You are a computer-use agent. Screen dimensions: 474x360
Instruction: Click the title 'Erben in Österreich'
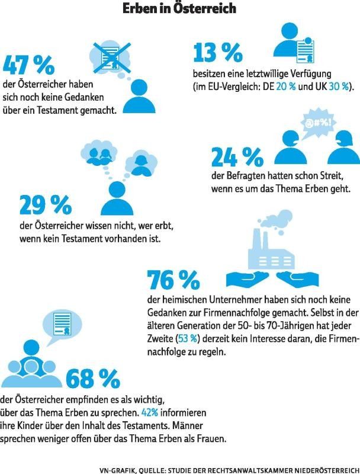click(x=179, y=8)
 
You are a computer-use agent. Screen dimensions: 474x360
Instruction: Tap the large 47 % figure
click(x=28, y=65)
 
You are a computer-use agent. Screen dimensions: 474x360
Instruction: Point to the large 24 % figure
click(x=236, y=157)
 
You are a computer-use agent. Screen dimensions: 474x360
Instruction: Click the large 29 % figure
click(x=45, y=204)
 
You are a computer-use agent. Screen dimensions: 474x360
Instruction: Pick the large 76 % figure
click(x=173, y=278)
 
